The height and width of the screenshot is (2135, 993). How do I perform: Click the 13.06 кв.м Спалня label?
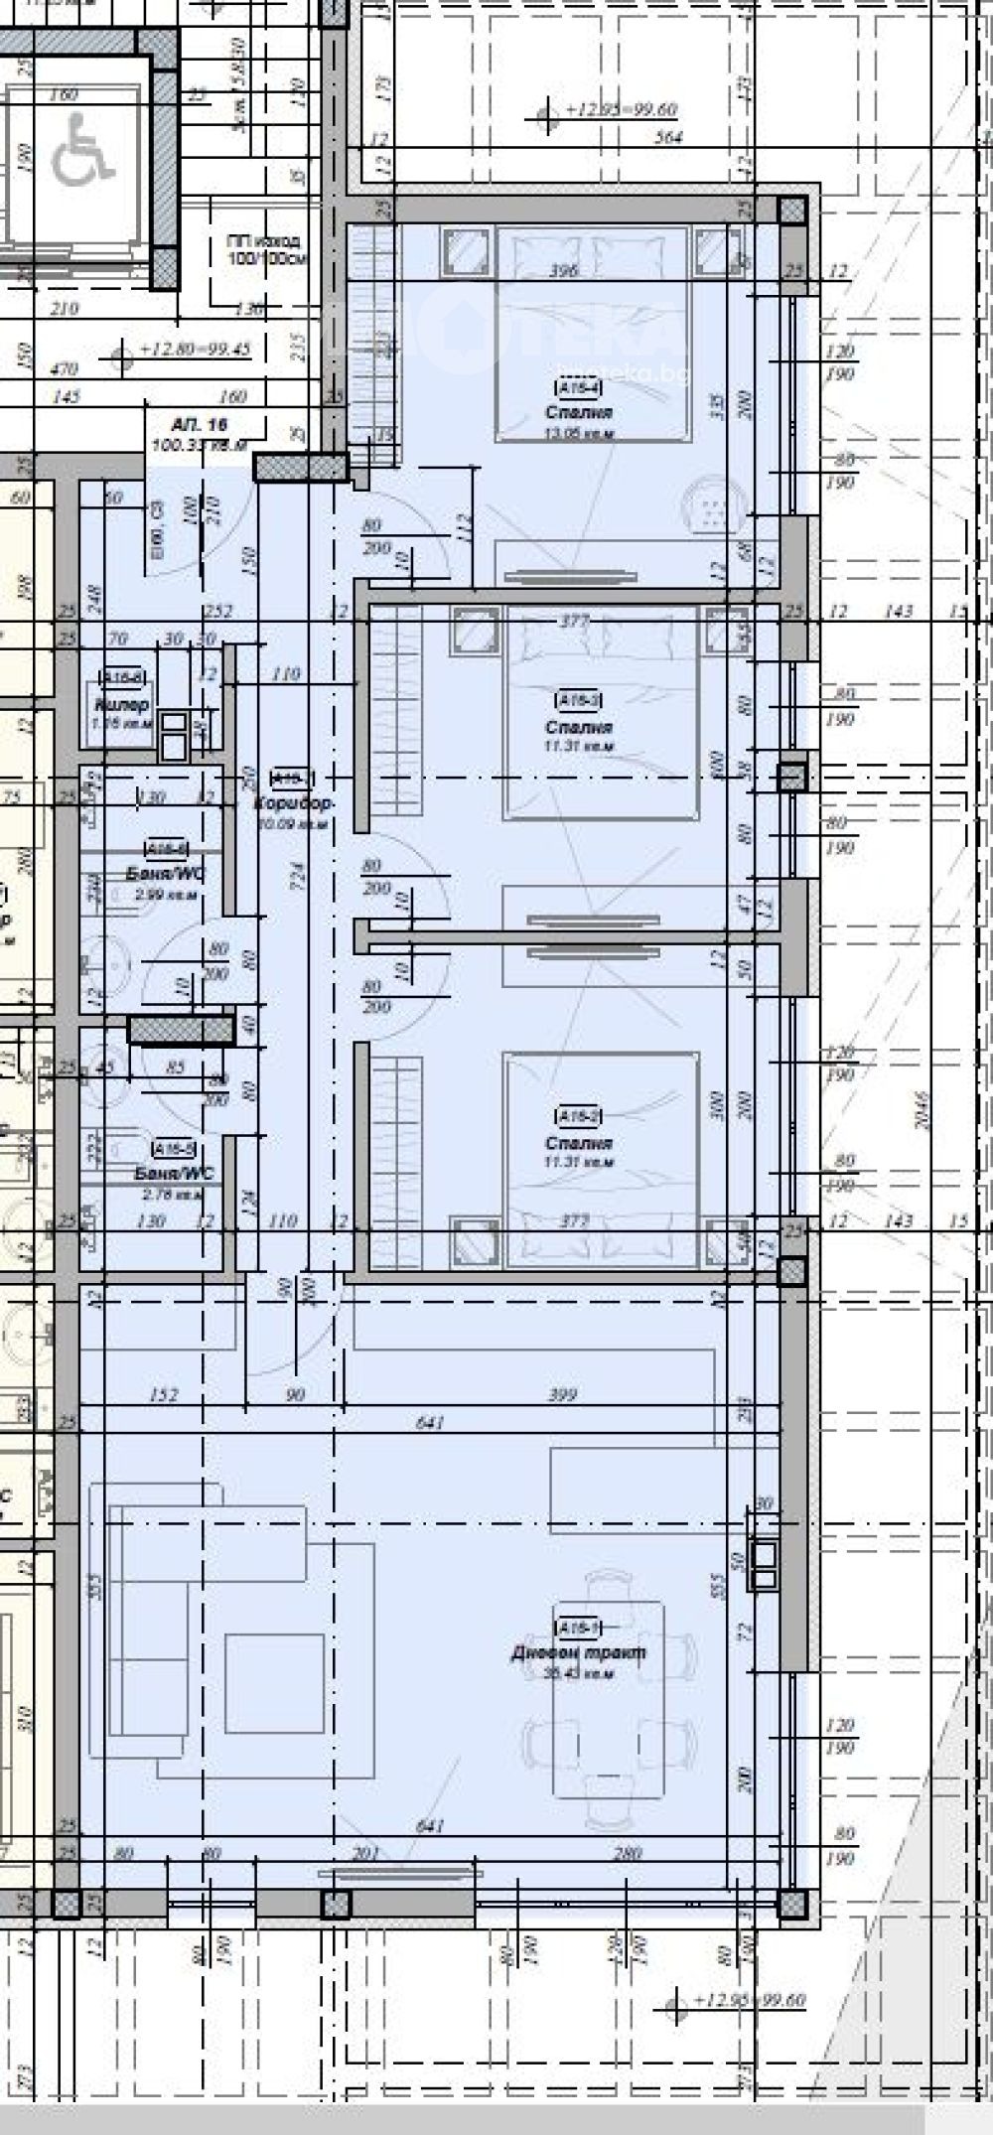tap(578, 413)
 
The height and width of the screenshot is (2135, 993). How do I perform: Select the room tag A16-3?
tap(578, 700)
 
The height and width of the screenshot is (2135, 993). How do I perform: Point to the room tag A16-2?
tap(578, 1116)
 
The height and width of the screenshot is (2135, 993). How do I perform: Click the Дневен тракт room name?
tap(579, 1652)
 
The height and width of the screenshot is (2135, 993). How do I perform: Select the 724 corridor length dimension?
tap(297, 874)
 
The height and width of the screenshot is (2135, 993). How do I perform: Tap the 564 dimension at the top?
tap(669, 138)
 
